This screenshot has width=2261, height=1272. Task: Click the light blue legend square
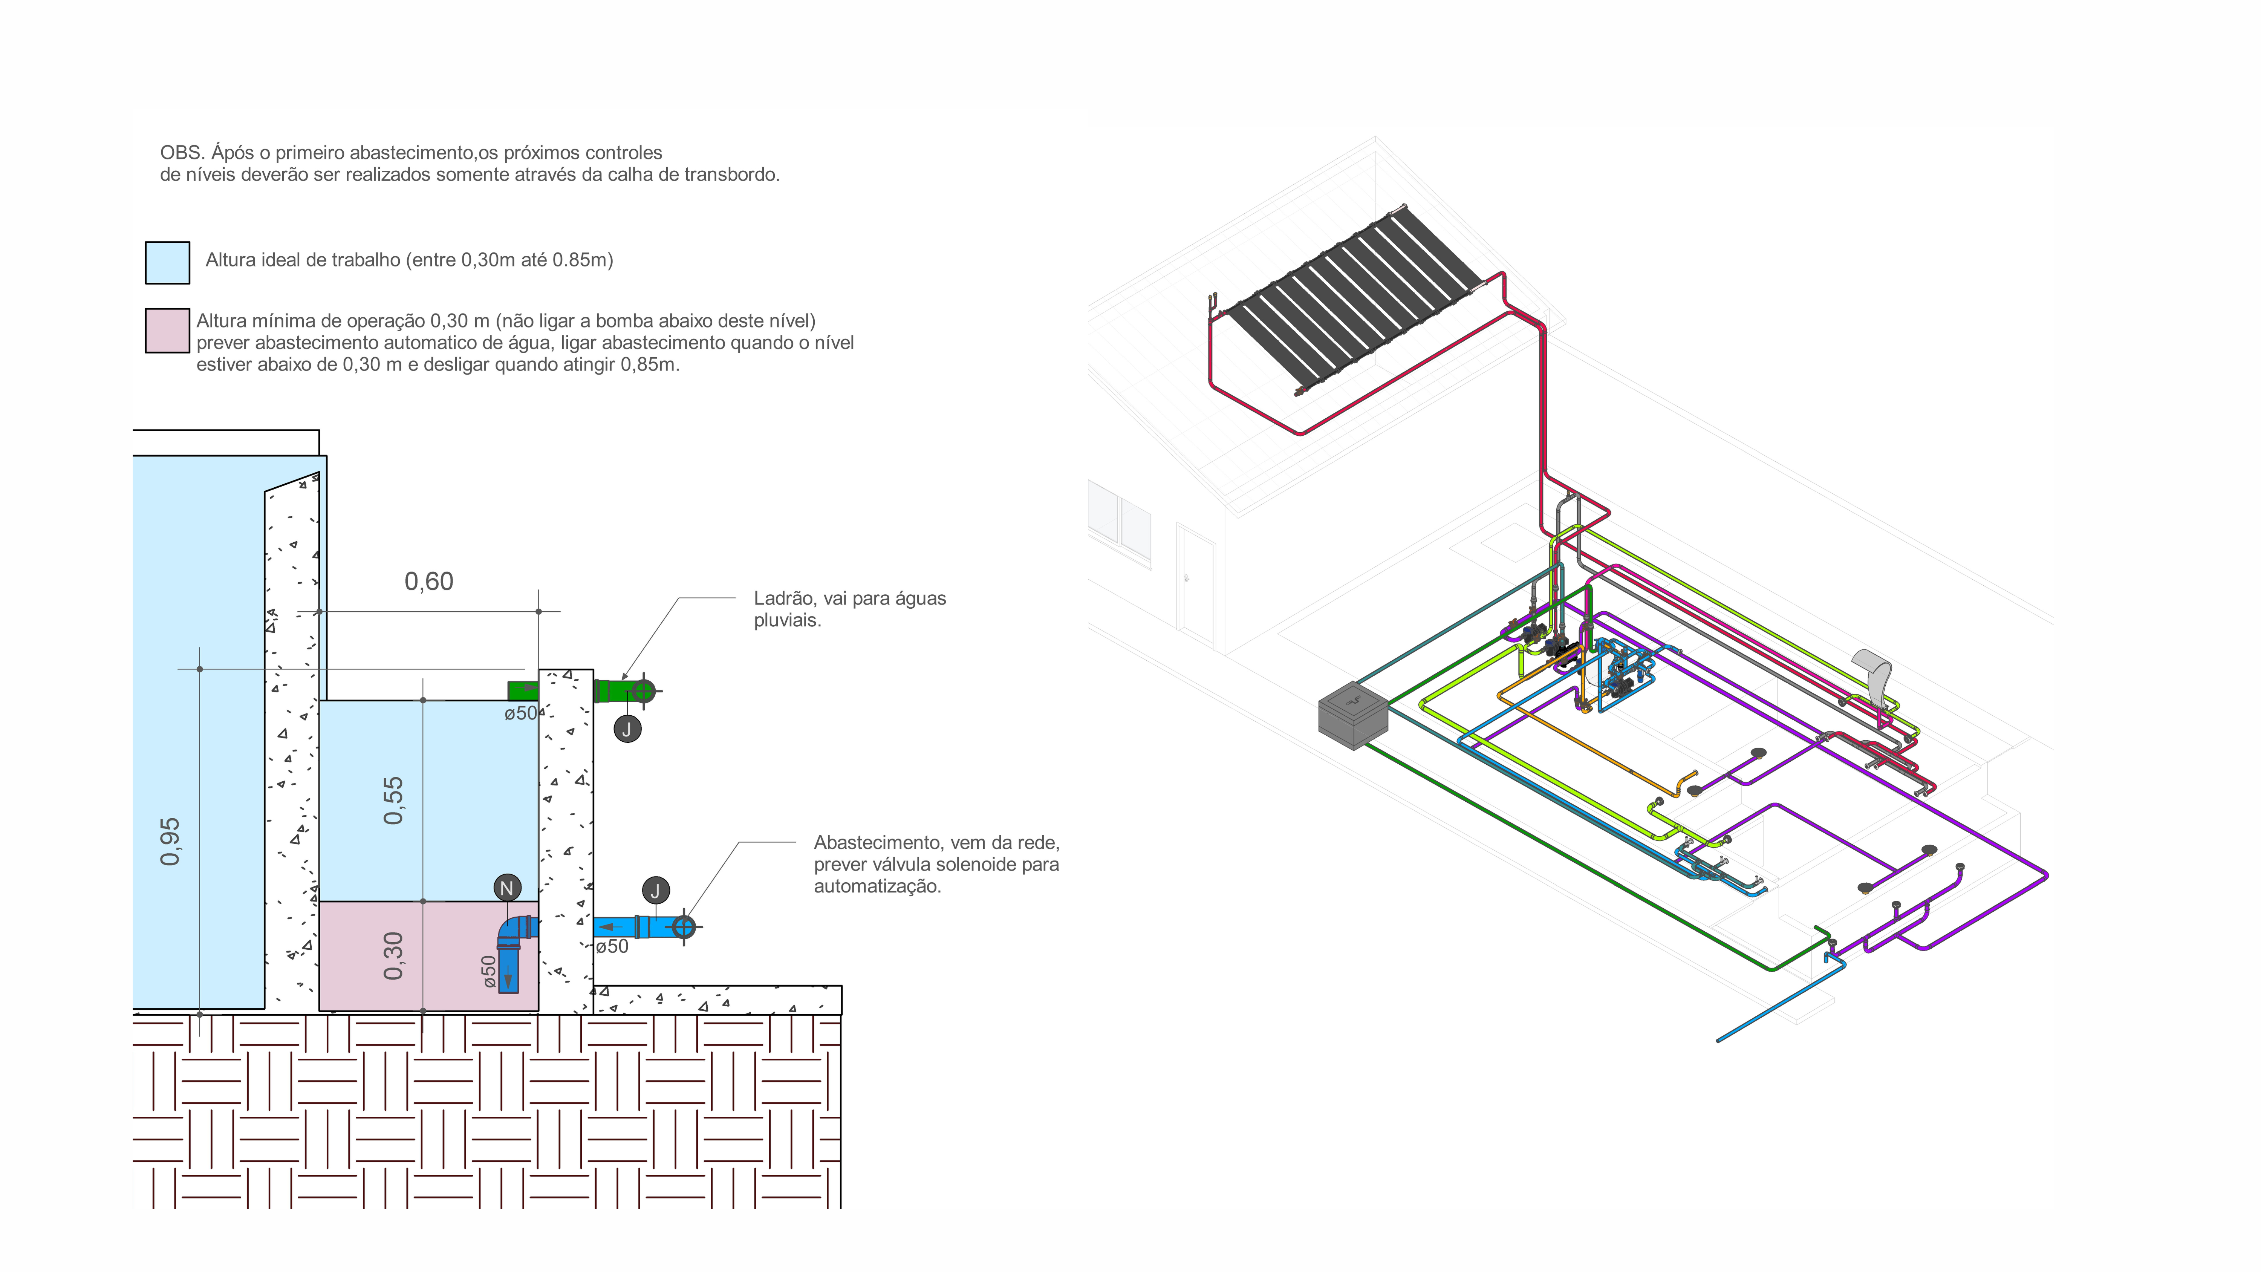(x=167, y=262)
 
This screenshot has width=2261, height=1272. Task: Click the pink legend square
(x=167, y=330)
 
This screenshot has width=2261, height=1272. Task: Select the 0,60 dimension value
(x=428, y=581)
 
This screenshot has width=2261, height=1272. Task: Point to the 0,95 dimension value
(x=170, y=841)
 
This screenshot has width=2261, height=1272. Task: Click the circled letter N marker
(x=506, y=888)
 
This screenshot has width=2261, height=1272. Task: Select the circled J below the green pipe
(x=627, y=729)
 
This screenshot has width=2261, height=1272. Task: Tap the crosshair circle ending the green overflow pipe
(x=643, y=691)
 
